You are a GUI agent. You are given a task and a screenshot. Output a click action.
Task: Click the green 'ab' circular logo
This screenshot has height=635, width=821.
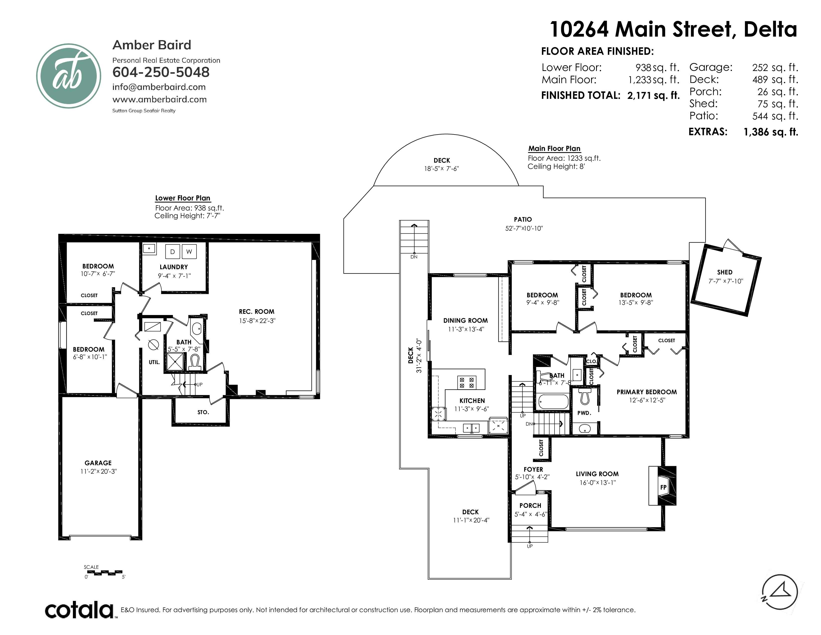pyautogui.click(x=68, y=76)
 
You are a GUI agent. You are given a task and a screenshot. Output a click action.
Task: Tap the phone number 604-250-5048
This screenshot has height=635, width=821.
pyautogui.click(x=161, y=72)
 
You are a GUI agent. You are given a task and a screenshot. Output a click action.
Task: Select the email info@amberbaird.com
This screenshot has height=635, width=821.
pyautogui.click(x=159, y=87)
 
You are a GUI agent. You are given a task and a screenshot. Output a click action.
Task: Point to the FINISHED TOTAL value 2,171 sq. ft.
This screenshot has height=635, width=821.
pyautogui.click(x=653, y=96)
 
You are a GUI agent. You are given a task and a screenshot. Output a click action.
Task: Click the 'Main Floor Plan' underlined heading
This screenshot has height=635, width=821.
pyautogui.click(x=555, y=149)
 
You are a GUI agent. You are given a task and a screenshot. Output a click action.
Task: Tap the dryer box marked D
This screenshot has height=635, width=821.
pyautogui.click(x=173, y=252)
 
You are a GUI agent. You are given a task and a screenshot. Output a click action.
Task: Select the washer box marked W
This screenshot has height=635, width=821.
pyautogui.click(x=189, y=252)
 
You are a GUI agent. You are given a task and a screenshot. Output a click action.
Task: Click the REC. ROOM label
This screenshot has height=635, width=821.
pyautogui.click(x=257, y=312)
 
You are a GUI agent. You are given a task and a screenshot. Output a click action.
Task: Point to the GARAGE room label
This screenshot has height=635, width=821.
pyautogui.click(x=98, y=463)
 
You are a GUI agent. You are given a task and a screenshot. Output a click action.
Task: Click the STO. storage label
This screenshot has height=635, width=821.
pyautogui.click(x=203, y=412)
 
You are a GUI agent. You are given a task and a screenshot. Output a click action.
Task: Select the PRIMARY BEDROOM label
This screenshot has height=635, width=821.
pyautogui.click(x=647, y=392)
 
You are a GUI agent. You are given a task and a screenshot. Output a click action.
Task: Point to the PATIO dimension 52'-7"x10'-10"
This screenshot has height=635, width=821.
pyautogui.click(x=524, y=228)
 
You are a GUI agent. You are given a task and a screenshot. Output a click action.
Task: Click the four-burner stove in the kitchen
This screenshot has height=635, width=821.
pyautogui.click(x=466, y=382)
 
